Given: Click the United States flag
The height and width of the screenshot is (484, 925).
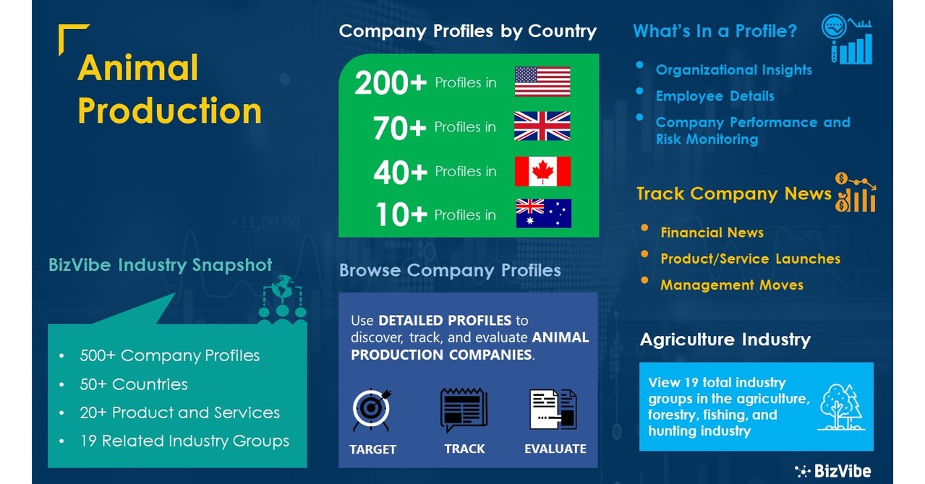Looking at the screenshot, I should pyautogui.click(x=542, y=82).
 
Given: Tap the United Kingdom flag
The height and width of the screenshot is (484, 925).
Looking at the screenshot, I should pyautogui.click(x=542, y=126).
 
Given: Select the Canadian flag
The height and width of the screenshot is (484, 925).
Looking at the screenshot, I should pyautogui.click(x=542, y=171).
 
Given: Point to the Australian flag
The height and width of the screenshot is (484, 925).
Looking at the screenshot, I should pyautogui.click(x=543, y=214).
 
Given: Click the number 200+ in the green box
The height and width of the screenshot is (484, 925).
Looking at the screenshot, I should pyautogui.click(x=391, y=84).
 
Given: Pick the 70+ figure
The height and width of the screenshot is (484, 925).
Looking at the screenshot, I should pyautogui.click(x=400, y=128).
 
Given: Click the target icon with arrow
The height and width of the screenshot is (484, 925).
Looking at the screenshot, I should pyautogui.click(x=372, y=410).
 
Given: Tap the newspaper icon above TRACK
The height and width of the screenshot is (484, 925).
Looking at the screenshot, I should pyautogui.click(x=464, y=410).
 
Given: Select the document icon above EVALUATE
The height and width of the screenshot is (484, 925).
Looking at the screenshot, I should pyautogui.click(x=553, y=410).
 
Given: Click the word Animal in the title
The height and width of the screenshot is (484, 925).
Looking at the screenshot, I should pyautogui.click(x=137, y=68).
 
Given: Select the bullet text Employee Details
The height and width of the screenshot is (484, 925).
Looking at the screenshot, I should pyautogui.click(x=715, y=96).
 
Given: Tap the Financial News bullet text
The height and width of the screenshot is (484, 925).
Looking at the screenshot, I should pyautogui.click(x=712, y=233).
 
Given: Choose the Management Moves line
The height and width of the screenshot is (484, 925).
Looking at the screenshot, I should pyautogui.click(x=731, y=285).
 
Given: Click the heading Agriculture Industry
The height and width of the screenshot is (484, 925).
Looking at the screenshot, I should pyautogui.click(x=725, y=340).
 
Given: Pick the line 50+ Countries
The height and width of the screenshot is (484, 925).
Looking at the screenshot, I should pyautogui.click(x=134, y=384).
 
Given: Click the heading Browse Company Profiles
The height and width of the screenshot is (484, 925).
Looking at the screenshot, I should pyautogui.click(x=450, y=271).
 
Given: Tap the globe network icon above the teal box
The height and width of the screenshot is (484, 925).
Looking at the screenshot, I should pyautogui.click(x=283, y=299).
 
